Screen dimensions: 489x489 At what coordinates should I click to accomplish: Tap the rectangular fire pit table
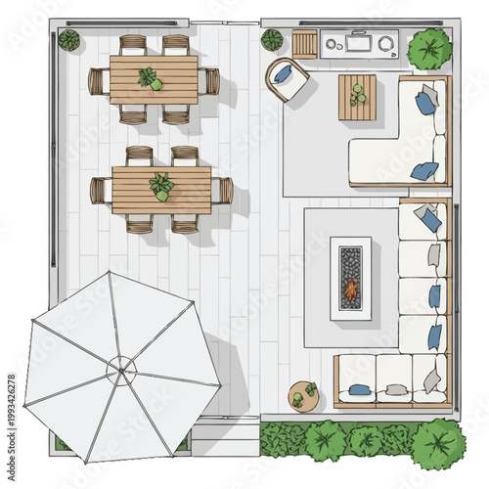[350, 278]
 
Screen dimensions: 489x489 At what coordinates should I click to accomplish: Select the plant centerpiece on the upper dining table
[150, 78]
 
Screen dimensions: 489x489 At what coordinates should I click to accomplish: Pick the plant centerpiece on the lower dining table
[161, 186]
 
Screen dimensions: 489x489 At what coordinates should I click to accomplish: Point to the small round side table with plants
[303, 395]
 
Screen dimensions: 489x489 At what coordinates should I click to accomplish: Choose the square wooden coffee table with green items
[357, 98]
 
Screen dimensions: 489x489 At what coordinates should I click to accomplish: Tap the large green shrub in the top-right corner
[429, 49]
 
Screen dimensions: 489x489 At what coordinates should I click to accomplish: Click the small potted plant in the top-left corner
[69, 41]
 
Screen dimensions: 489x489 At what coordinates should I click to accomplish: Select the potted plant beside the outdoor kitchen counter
[272, 40]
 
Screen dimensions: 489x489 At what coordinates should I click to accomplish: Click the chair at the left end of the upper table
[98, 81]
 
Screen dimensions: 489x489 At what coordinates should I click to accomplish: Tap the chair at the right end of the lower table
[223, 190]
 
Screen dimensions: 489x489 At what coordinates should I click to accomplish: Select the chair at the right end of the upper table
[210, 81]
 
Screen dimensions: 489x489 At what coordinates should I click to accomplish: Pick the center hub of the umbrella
[122, 369]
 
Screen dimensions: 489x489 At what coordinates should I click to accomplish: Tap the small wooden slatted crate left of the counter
[304, 44]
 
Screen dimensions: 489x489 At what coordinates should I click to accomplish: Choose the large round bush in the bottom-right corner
[437, 443]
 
